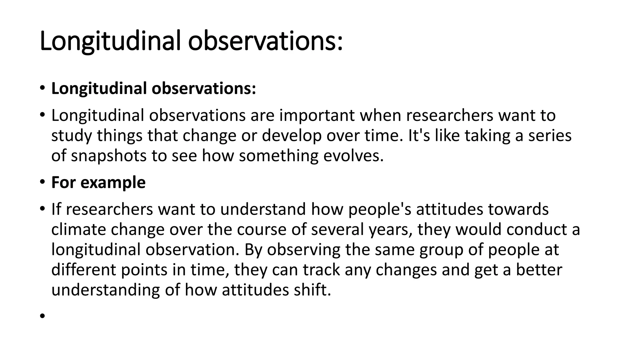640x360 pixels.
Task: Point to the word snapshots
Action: pyautogui.click(x=109, y=156)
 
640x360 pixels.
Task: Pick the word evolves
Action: pyautogui.click(x=353, y=156)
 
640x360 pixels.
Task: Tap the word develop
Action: pyautogui.click(x=292, y=136)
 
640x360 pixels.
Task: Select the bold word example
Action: pyautogui.click(x=113, y=182)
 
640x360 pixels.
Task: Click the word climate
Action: pyautogui.click(x=79, y=229)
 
